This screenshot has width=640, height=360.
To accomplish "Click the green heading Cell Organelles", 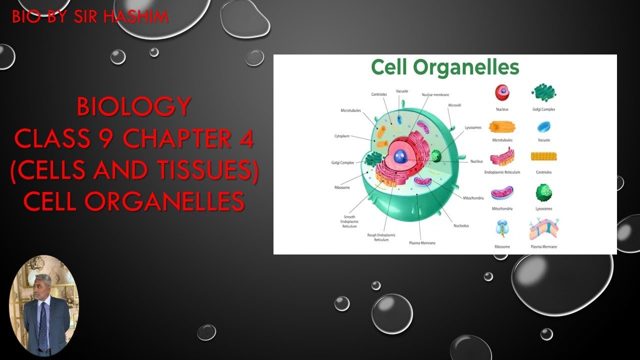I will tap(445, 67).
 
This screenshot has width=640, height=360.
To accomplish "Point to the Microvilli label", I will tap(454, 105).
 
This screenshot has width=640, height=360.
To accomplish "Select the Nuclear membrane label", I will tap(435, 94).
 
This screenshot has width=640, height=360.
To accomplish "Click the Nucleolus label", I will tap(461, 225).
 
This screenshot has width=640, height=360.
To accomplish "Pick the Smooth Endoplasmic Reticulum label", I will tap(349, 221).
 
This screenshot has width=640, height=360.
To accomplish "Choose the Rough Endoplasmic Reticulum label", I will tap(381, 237).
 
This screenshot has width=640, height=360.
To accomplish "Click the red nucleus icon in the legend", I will tap(502, 92).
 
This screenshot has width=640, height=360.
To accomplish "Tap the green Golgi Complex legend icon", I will tap(544, 92).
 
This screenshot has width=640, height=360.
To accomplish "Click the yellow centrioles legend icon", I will tap(543, 156).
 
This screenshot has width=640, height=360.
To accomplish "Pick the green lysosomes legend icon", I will tap(543, 192).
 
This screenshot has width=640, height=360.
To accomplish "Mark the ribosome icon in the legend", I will tap(502, 228).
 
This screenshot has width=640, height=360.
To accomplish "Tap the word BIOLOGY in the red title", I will tap(134, 106).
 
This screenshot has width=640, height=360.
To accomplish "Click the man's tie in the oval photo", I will tap(43, 325).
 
